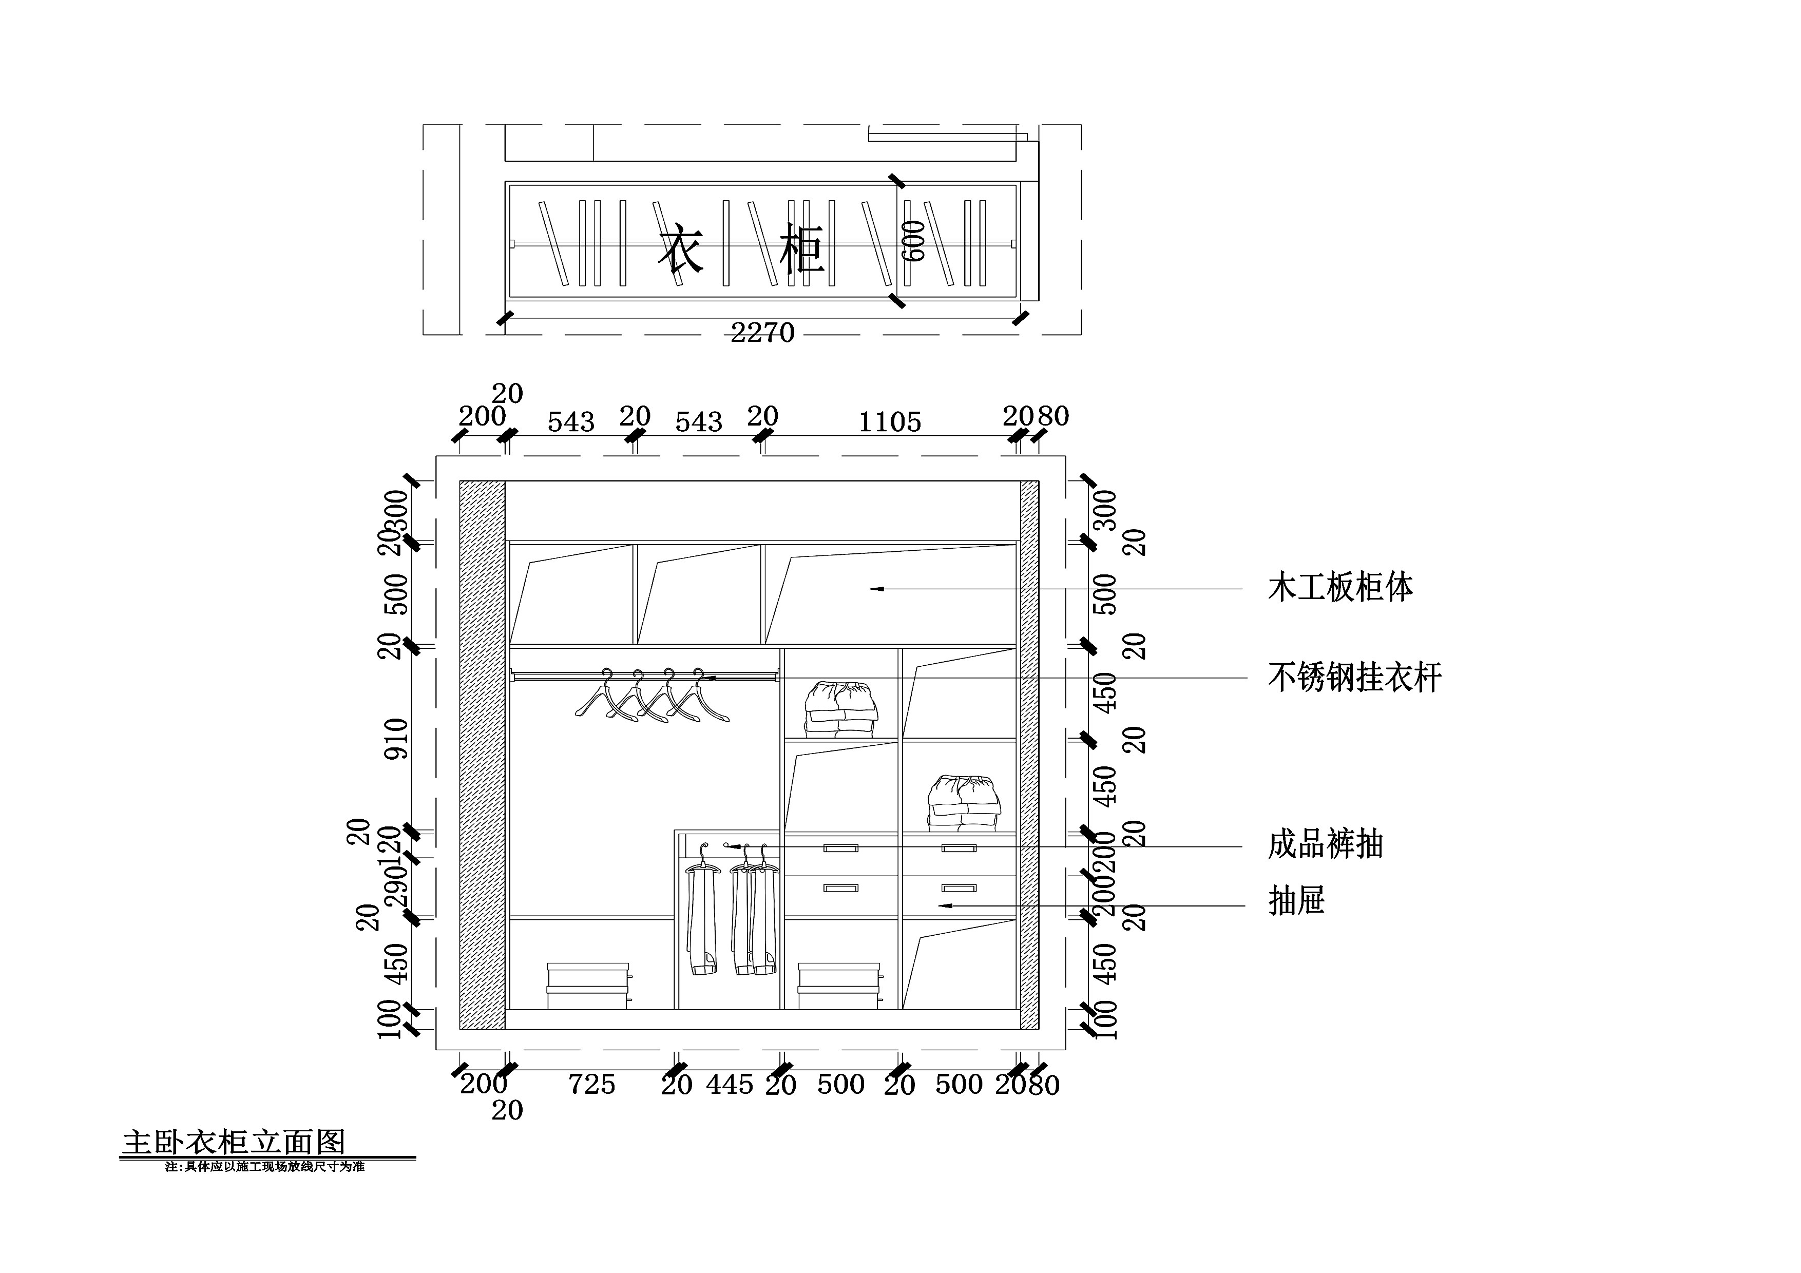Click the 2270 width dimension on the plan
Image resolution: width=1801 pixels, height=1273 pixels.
[x=762, y=333]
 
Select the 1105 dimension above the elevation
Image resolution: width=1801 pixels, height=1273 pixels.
[x=890, y=422]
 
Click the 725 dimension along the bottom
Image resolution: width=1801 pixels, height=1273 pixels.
[x=591, y=1084]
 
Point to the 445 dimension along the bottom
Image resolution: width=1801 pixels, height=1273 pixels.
[x=730, y=1084]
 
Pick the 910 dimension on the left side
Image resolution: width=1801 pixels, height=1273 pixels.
[x=397, y=738]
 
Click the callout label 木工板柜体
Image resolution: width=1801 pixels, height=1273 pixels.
[x=1340, y=587]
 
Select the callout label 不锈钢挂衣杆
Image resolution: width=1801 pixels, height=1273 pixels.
[x=1355, y=678]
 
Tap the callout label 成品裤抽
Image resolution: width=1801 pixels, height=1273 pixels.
[x=1325, y=845]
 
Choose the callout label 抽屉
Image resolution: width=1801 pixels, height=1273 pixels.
[x=1296, y=900]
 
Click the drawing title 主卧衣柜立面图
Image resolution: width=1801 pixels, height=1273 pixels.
[x=233, y=1142]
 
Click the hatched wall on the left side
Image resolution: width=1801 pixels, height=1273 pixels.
[x=482, y=754]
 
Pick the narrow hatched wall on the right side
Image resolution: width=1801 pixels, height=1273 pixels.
[x=1029, y=754]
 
